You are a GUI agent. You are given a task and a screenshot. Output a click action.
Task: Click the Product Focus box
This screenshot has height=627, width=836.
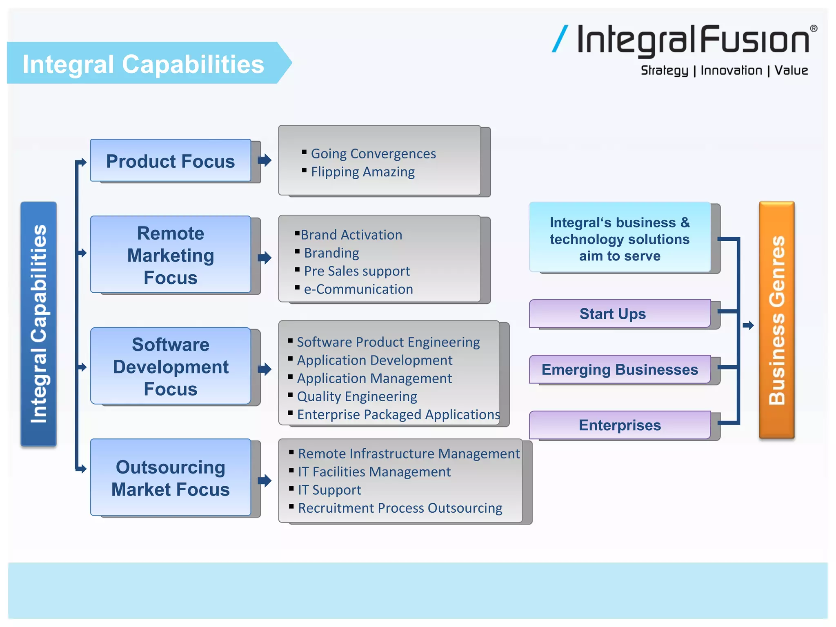pyautogui.click(x=170, y=161)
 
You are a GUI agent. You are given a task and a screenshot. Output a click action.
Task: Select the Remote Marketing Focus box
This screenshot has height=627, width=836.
pyautogui.click(x=170, y=255)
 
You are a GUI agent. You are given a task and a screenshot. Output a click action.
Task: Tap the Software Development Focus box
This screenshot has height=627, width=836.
pyautogui.click(x=170, y=366)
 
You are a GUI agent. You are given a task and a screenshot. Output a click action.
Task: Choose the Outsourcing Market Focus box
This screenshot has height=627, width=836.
pyautogui.click(x=170, y=478)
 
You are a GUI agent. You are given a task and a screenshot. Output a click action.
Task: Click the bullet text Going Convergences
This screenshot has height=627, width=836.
pyautogui.click(x=373, y=153)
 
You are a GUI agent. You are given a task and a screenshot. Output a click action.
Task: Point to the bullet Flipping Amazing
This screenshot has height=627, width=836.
pyautogui.click(x=362, y=172)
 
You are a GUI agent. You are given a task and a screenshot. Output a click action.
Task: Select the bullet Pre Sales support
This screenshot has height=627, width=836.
pyautogui.click(x=357, y=271)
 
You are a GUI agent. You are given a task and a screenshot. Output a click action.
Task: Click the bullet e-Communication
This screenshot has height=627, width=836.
pyautogui.click(x=358, y=289)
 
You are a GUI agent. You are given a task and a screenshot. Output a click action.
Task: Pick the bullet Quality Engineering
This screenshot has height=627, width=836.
pyautogui.click(x=357, y=396)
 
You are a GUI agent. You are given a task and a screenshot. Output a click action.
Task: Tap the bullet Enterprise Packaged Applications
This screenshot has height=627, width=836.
pyautogui.click(x=398, y=414)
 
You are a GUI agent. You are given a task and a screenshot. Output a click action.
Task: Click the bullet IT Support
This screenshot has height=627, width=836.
pyautogui.click(x=329, y=490)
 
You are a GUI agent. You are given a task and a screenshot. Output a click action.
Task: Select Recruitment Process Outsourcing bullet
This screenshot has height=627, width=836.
pyautogui.click(x=400, y=508)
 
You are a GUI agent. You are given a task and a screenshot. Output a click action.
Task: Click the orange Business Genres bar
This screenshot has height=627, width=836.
pyautogui.click(x=776, y=320)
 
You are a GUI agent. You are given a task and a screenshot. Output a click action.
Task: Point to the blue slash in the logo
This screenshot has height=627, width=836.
pyautogui.click(x=560, y=39)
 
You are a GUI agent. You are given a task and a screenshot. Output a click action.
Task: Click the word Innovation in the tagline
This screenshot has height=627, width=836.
pyautogui.click(x=731, y=70)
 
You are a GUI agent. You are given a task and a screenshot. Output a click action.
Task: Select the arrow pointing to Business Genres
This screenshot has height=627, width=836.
pyautogui.click(x=748, y=325)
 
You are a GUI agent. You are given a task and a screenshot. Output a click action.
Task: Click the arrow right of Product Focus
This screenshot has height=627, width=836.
pyautogui.click(x=265, y=160)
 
